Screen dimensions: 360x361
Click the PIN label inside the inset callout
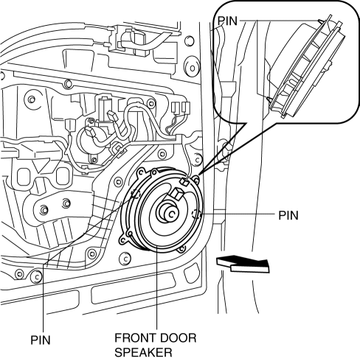coord(227,21)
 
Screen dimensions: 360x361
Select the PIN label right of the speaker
coord(288,215)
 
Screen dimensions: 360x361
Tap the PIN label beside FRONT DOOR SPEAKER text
coord(41,340)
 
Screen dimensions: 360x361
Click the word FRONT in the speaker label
coord(135,338)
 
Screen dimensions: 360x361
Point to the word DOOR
coord(178,338)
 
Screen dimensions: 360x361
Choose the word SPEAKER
coord(143,352)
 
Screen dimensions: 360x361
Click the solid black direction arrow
coord(242,264)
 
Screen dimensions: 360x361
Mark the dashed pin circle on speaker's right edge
coord(196,214)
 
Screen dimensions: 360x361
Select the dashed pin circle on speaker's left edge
coord(136,194)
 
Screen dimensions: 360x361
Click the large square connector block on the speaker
coord(177,194)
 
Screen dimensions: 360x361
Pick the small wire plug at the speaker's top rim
coord(184,182)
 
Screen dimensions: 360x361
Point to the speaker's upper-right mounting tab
coord(196,180)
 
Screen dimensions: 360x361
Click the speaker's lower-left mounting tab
coord(122,239)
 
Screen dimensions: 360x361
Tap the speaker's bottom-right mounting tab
coord(181,249)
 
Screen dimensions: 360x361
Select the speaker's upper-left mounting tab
coord(141,172)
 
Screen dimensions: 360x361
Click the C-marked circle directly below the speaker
coord(125,259)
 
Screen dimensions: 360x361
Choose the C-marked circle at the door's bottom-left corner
coord(36,276)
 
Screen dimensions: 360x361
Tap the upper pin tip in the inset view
coord(319,21)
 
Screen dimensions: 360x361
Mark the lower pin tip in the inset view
coord(268,98)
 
